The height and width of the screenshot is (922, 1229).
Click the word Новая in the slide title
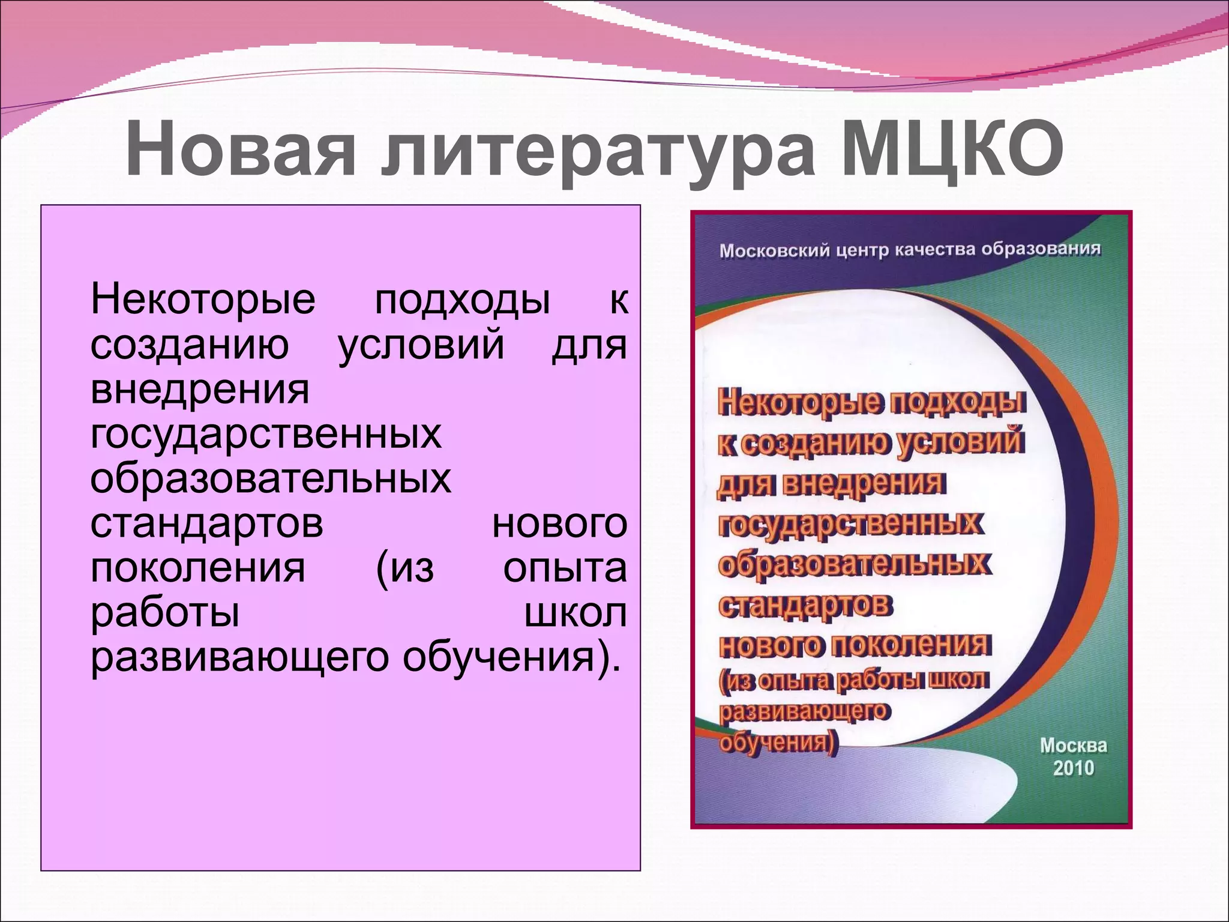[241, 150]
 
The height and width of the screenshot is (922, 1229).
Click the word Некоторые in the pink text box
[203, 300]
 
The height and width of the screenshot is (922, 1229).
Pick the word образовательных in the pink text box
[270, 479]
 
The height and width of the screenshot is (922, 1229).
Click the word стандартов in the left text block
[206, 523]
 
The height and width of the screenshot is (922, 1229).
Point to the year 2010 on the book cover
[1074, 768]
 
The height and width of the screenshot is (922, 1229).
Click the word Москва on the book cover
[1074, 746]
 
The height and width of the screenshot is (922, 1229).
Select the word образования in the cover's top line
[1041, 248]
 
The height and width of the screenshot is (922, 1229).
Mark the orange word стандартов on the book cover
[805, 605]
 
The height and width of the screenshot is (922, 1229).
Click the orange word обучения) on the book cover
[777, 743]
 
